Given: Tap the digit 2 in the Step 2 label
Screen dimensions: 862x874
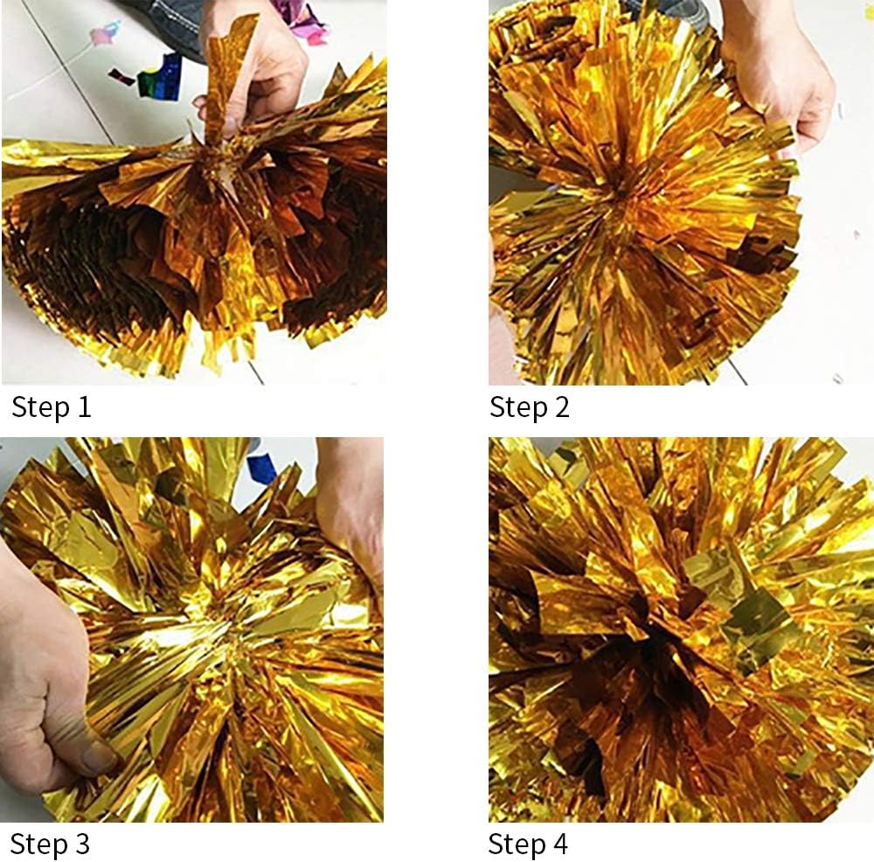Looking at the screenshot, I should click(560, 407).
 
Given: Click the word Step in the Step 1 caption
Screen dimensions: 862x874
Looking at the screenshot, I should click(40, 407).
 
